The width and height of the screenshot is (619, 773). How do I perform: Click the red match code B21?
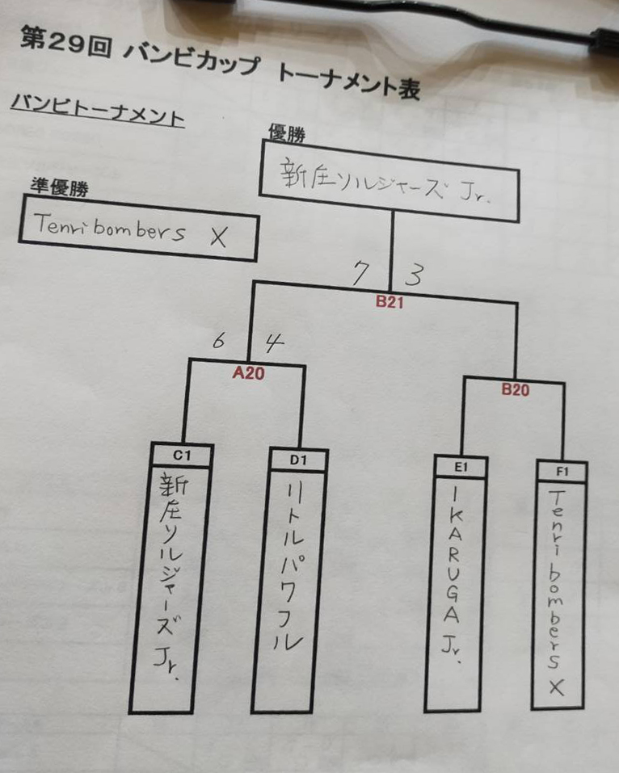390,304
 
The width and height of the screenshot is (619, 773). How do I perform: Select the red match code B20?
515,389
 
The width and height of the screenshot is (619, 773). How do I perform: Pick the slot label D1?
298,460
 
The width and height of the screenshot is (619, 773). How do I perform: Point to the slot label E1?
461,466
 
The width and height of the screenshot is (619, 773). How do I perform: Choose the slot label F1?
561,471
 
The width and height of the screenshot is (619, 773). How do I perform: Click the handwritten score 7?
360,274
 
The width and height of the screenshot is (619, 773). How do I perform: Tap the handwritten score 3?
413,275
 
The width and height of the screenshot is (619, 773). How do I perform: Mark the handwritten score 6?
218,340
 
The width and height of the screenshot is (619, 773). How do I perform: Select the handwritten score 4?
275,342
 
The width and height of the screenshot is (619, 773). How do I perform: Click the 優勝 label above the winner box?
284,132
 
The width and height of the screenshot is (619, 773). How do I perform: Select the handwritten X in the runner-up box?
217,236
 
